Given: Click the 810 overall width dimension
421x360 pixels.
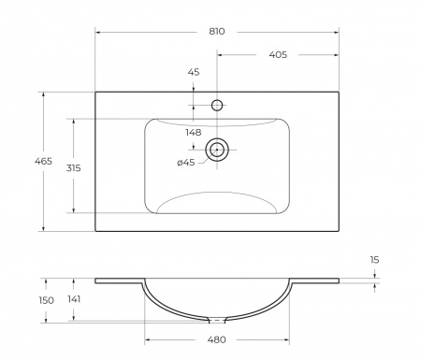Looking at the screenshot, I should click(x=217, y=31).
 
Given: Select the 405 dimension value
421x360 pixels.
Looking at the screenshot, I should click(x=277, y=55).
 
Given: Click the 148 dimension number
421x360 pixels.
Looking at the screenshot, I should click(x=195, y=132).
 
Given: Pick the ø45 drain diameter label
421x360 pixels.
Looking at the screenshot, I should click(x=185, y=164).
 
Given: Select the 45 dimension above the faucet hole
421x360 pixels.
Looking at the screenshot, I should click(x=194, y=72).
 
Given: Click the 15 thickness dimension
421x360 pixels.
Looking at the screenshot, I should click(x=374, y=259).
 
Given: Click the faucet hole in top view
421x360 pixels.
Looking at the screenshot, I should click(x=217, y=106).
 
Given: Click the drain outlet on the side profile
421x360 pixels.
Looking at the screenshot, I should click(x=217, y=319).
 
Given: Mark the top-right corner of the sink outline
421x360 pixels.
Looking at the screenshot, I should click(x=338, y=92).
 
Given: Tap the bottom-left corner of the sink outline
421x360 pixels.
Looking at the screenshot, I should click(x=95, y=231).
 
